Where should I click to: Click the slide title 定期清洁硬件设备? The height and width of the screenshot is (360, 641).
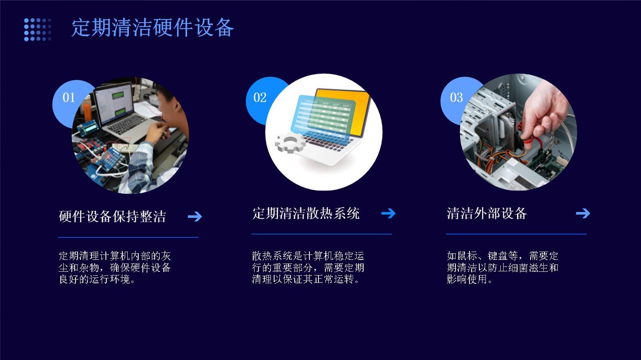pos(153,28)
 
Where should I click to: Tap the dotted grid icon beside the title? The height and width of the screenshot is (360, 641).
pos(37,30)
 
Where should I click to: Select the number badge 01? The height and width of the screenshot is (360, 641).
pos(68,98)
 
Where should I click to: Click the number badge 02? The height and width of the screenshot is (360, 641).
pos(259,98)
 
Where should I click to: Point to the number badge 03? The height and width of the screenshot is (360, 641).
pos(456,98)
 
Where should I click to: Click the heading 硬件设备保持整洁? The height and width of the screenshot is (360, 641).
pos(112,216)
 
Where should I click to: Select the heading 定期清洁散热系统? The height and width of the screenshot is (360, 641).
pos(306,213)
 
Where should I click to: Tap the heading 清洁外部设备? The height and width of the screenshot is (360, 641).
pos(486,213)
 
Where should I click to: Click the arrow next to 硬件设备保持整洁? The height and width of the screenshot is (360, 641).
pos(195,216)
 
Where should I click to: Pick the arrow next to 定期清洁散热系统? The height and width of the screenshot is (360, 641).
pos(388,213)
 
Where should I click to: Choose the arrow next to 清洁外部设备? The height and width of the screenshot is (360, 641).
pos(583,213)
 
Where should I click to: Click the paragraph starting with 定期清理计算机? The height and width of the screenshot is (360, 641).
pos(114,268)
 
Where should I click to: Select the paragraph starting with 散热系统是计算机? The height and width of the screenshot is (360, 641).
pos(308,268)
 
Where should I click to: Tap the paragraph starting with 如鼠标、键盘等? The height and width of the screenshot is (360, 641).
pos(502,268)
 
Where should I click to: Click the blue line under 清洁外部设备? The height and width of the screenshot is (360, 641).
pos(516,234)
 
